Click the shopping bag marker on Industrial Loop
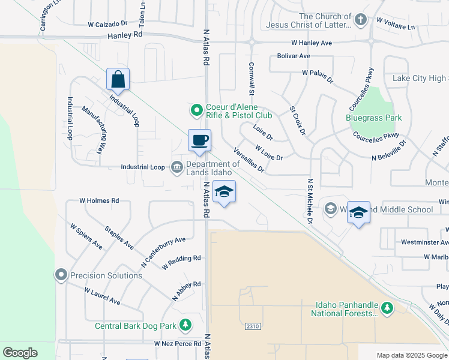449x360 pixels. coord(118,79)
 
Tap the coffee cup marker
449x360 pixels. coord(200,141)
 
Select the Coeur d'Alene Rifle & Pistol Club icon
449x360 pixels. coord(196,110)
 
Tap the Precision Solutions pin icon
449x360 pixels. coord(61,275)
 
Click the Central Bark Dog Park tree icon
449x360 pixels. coord(186,326)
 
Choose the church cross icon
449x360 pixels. coord(360,20)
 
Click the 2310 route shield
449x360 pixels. coord(253,326)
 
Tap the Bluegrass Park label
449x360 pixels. coord(374,118)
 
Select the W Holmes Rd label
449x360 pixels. coord(99,201)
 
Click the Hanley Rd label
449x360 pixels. coord(125,35)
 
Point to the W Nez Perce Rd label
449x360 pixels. coord(176,344)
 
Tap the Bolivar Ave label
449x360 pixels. coord(294,56)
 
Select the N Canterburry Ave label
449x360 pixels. coord(163,252)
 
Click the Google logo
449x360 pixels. coord(20,353)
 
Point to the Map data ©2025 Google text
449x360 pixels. coord(411,355)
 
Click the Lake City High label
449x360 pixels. coord(420,79)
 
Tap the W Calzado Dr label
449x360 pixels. coord(107,25)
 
